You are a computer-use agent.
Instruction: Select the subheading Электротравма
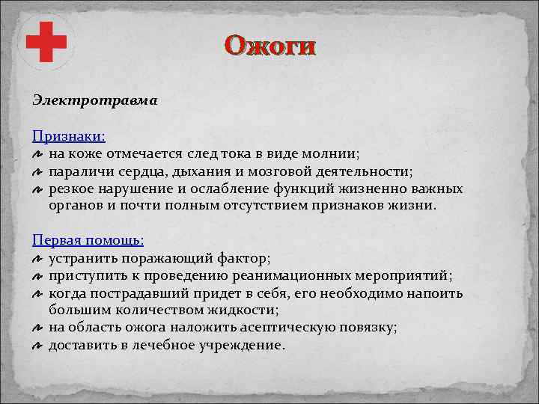[94, 100]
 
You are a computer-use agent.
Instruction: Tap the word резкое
[72, 189]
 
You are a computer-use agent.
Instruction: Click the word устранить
[80, 258]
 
